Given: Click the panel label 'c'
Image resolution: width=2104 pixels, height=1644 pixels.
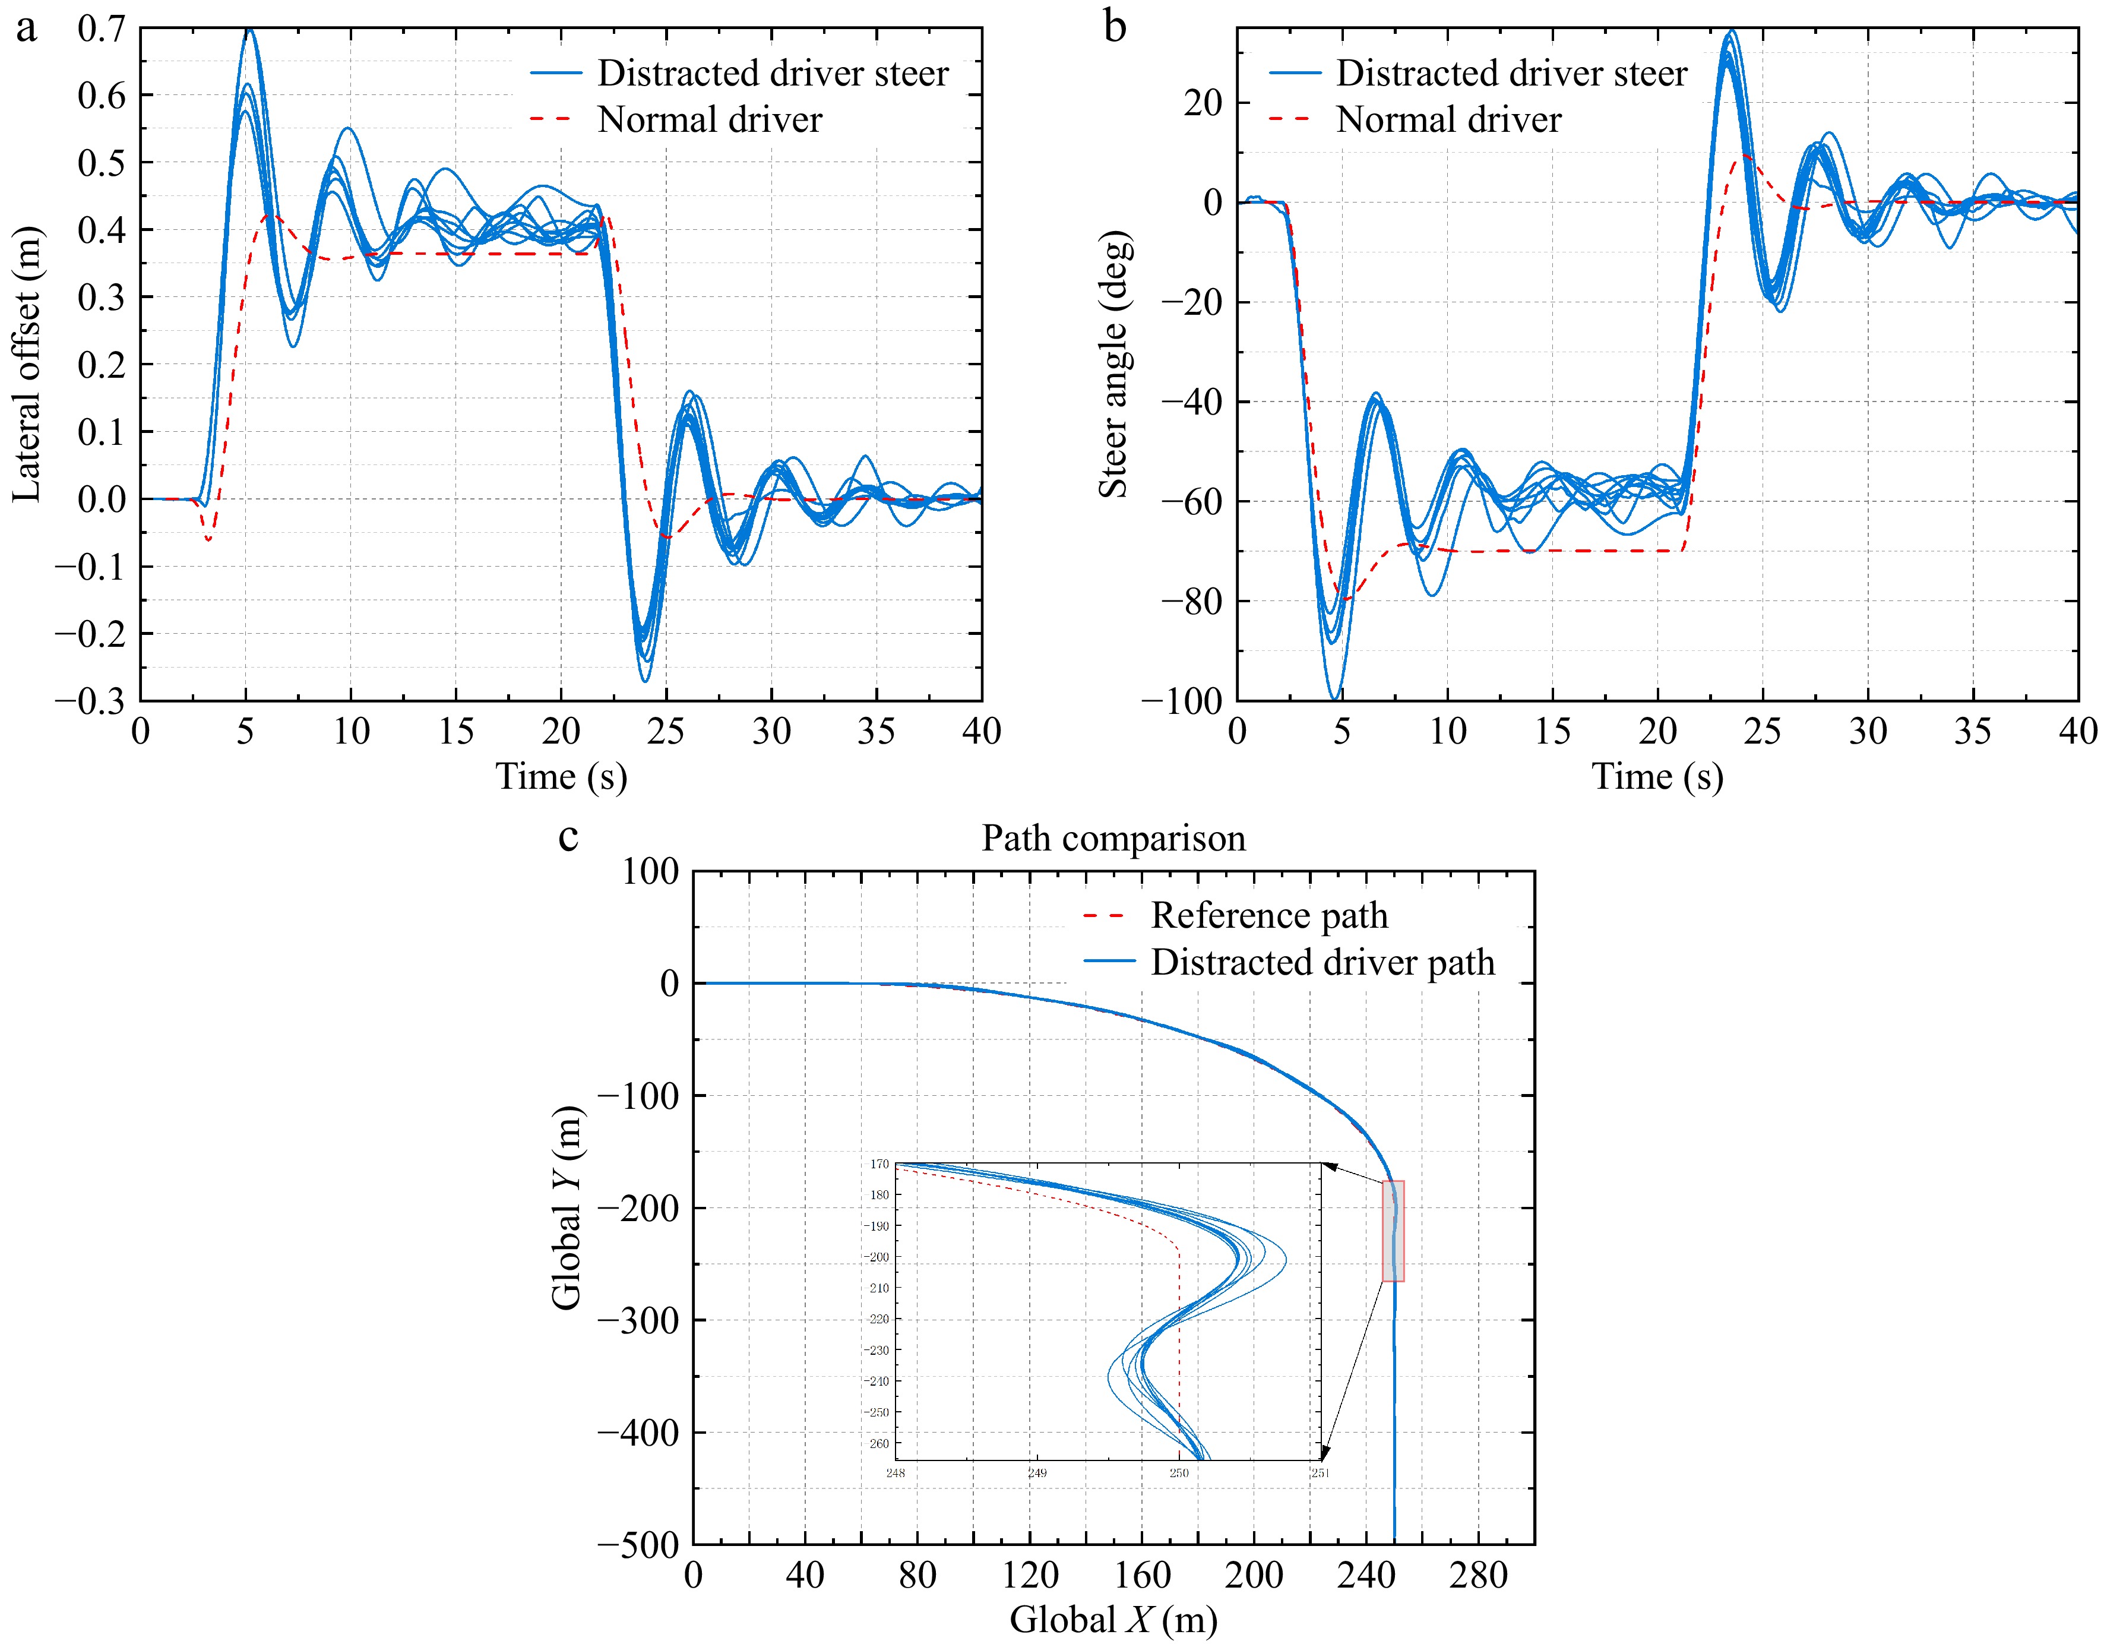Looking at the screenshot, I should [x=568, y=836].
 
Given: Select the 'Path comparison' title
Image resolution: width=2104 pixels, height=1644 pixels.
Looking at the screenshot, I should [x=1113, y=839].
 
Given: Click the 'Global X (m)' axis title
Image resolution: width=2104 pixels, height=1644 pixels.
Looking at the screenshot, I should [x=1113, y=1619].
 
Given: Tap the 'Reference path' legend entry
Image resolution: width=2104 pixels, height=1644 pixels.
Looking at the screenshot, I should [x=1269, y=915].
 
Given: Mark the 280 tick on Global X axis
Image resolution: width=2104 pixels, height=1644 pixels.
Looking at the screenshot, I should [x=1478, y=1575].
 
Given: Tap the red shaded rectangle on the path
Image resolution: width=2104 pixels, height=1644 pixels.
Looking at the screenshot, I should [x=1393, y=1231].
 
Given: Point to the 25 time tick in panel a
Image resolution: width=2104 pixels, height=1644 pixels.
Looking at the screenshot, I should [x=666, y=732].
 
